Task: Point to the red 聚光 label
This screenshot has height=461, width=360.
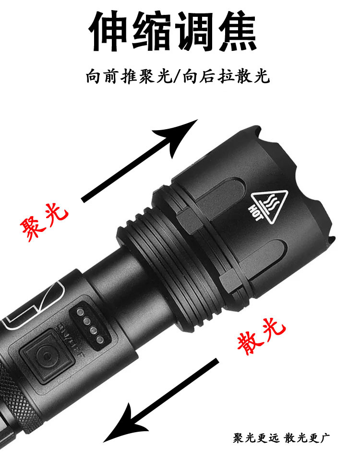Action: click(x=45, y=222)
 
